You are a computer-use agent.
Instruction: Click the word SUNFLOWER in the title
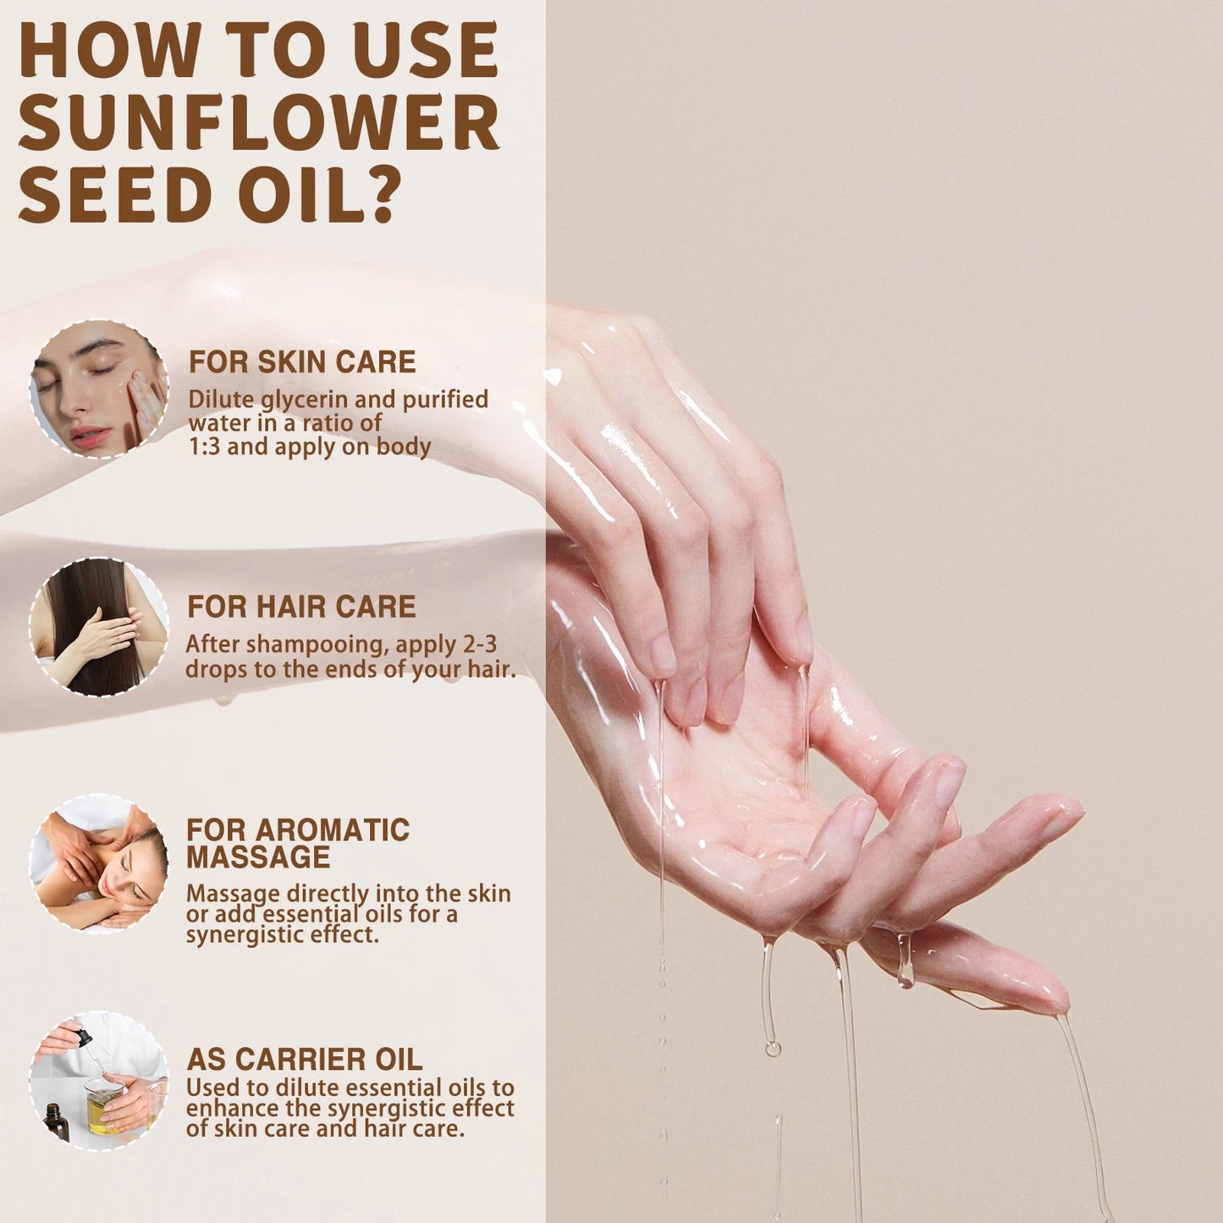(258, 123)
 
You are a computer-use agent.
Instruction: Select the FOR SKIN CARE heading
(302, 362)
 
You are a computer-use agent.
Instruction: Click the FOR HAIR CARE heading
(301, 607)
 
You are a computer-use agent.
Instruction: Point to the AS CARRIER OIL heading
(304, 1059)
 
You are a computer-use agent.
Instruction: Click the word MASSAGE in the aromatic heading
(258, 857)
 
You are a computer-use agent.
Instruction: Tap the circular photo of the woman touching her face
(99, 389)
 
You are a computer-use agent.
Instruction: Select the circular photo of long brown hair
(99, 627)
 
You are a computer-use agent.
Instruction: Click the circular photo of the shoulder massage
(99, 864)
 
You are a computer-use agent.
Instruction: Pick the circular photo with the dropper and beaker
(99, 1081)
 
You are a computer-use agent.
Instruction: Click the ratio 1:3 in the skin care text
(205, 447)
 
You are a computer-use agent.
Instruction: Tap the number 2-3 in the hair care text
(480, 644)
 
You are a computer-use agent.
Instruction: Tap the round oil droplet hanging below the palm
(772, 1049)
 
